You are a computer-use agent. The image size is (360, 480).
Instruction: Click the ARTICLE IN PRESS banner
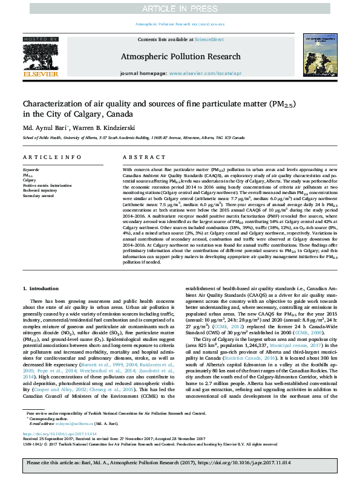click(x=180, y=8)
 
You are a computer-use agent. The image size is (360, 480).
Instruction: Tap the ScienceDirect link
click(x=209, y=39)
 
